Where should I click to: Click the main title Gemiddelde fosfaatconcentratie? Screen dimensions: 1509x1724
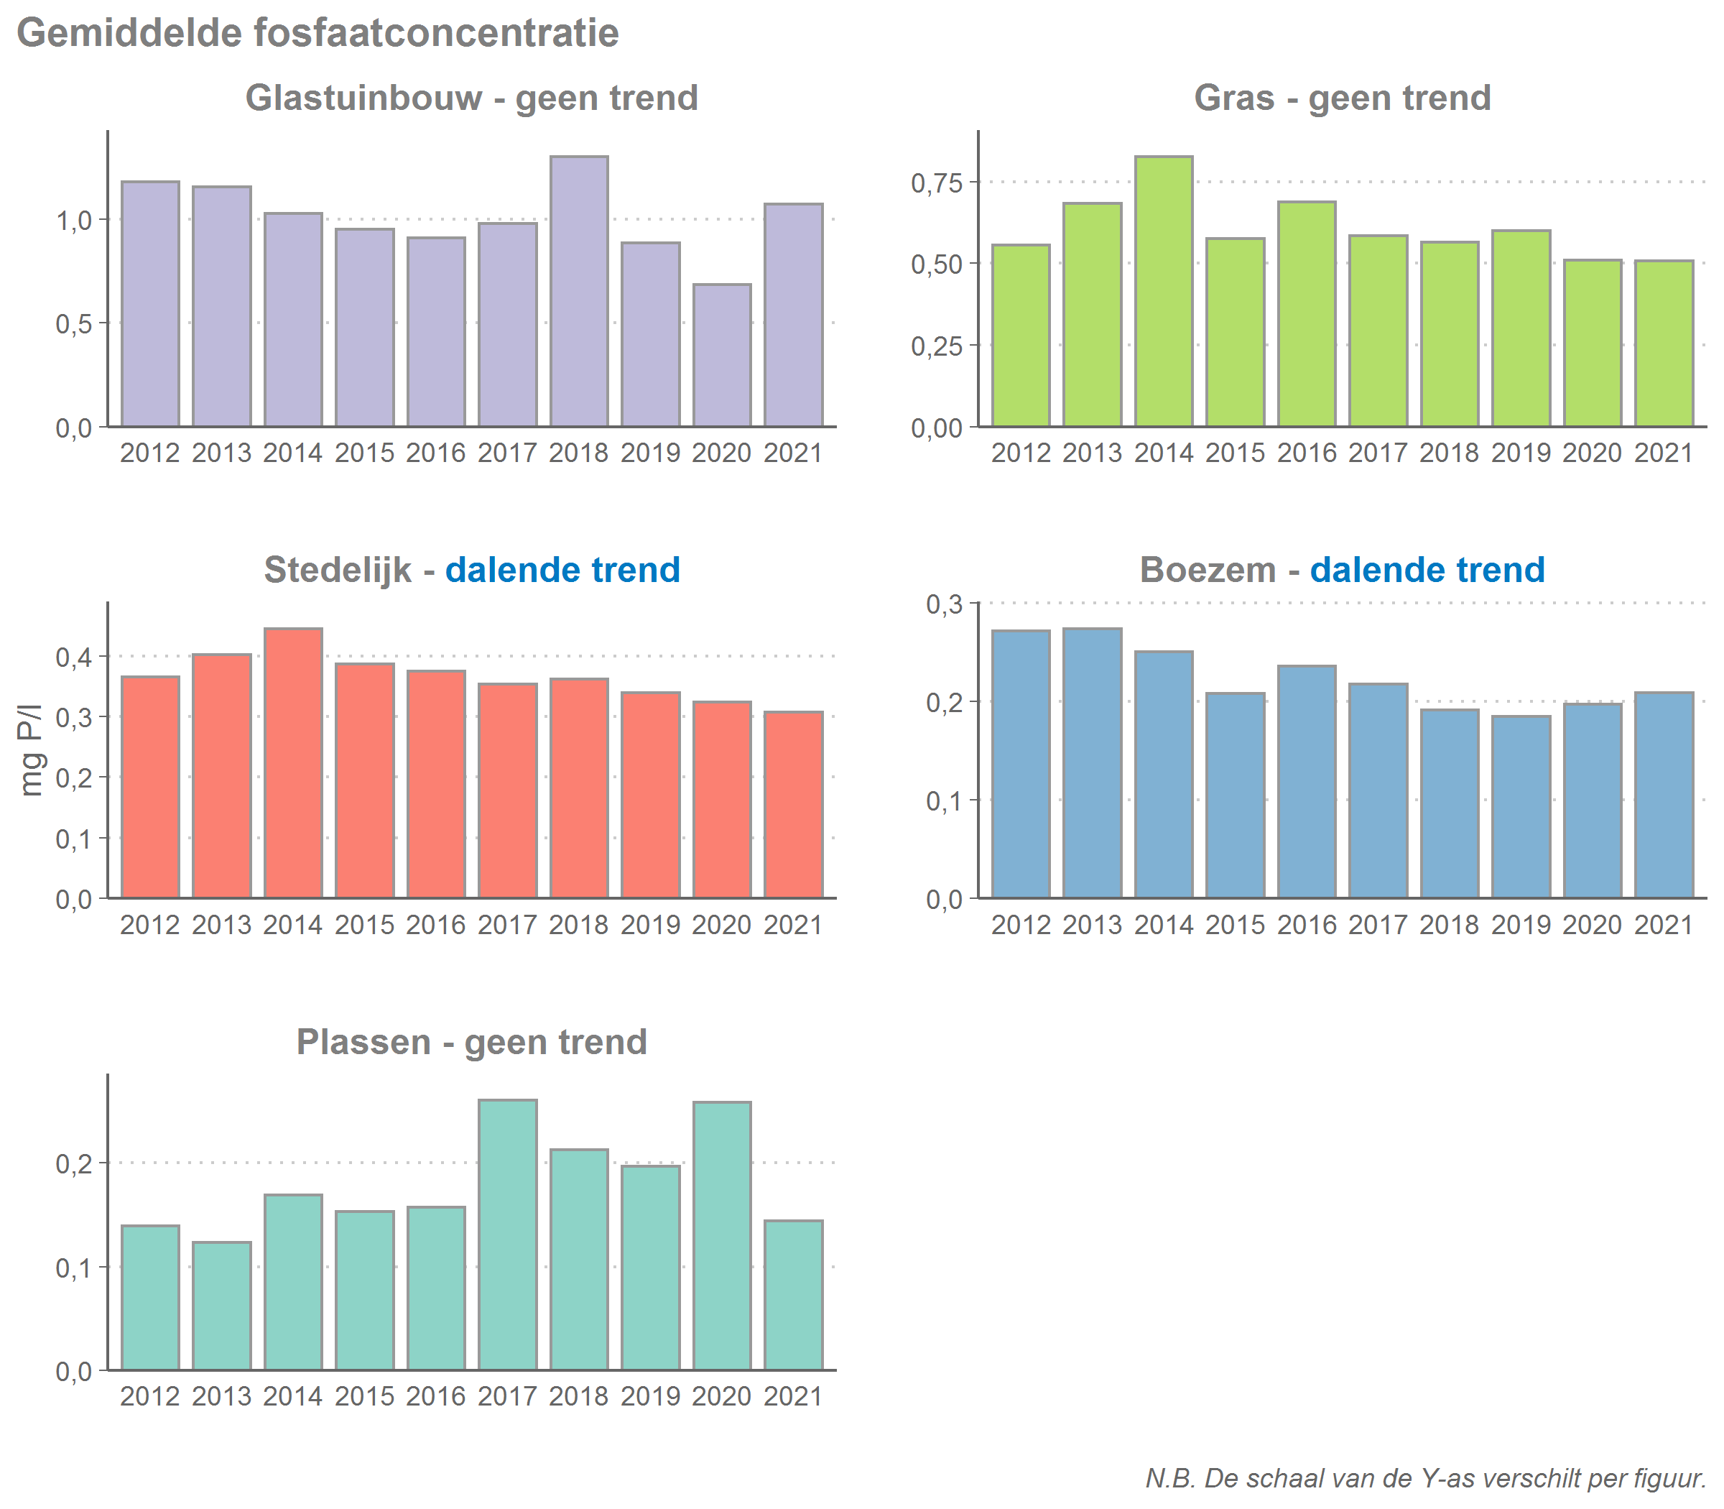pyautogui.click(x=318, y=34)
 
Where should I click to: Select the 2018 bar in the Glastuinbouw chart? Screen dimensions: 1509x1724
pyautogui.click(x=579, y=291)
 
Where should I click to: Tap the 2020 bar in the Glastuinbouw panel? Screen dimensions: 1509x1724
pyautogui.click(x=722, y=356)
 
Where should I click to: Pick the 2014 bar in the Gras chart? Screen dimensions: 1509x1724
pyautogui.click(x=1164, y=291)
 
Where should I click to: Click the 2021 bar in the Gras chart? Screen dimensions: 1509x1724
pyautogui.click(x=1664, y=343)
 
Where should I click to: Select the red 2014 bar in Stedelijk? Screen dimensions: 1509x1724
pyautogui.click(x=293, y=763)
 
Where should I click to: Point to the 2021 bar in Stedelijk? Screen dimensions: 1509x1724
pyautogui.click(x=793, y=805)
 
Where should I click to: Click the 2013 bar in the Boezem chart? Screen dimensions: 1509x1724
pyautogui.click(x=1092, y=763)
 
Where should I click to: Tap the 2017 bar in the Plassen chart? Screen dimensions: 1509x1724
pyautogui.click(x=508, y=1235)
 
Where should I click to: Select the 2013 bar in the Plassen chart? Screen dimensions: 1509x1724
pyautogui.click(x=221, y=1305)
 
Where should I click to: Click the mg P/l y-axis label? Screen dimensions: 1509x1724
pyautogui.click(x=30, y=750)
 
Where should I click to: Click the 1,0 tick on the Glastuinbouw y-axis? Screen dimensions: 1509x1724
pyautogui.click(x=73, y=221)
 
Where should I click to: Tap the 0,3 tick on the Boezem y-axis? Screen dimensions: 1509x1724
pyautogui.click(x=944, y=604)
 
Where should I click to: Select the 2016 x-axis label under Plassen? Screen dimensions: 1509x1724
pyautogui.click(x=435, y=1397)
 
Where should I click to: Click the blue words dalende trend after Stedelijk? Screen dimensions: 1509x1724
pyautogui.click(x=562, y=570)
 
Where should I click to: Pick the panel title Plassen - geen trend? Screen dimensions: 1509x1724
pyautogui.click(x=471, y=1043)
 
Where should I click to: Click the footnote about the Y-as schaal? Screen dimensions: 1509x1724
pyautogui.click(x=1425, y=1478)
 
